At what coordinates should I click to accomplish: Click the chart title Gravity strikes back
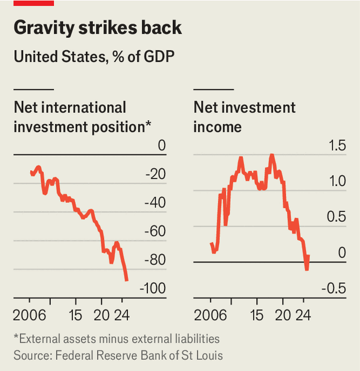click(97, 28)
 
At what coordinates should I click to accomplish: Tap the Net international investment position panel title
click(82, 117)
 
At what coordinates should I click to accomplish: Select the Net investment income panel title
click(245, 117)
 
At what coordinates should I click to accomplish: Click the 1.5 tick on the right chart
click(337, 146)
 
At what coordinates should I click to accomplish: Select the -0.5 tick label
click(335, 289)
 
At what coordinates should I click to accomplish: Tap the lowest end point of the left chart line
click(127, 280)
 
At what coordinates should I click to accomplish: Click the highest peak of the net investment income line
click(271, 155)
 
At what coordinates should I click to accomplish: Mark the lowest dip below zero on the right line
click(307, 270)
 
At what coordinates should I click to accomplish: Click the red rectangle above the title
click(34, 3)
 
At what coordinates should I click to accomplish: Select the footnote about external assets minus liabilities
click(117, 339)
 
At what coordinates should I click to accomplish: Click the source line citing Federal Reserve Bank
click(118, 355)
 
